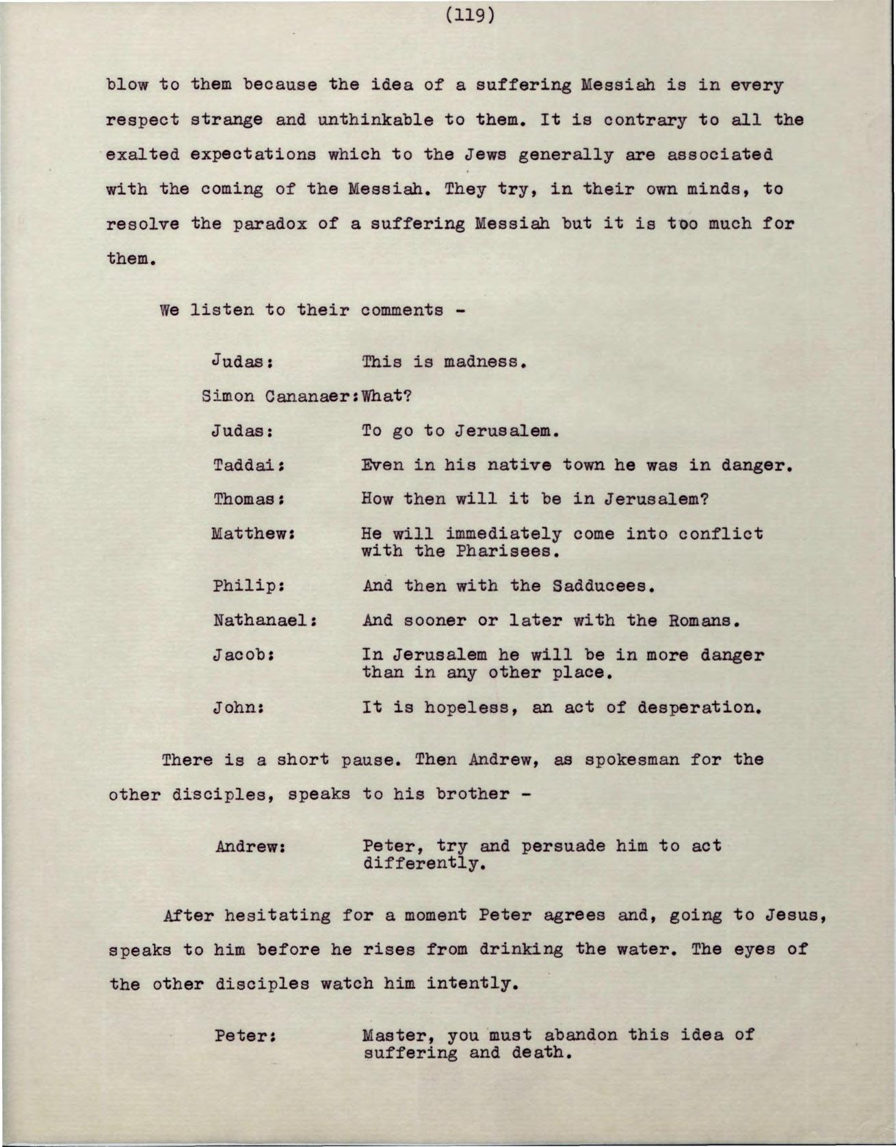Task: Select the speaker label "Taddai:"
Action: pos(249,465)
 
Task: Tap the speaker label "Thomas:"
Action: pos(249,499)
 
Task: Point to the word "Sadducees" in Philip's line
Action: pos(600,586)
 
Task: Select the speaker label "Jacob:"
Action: pos(244,656)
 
